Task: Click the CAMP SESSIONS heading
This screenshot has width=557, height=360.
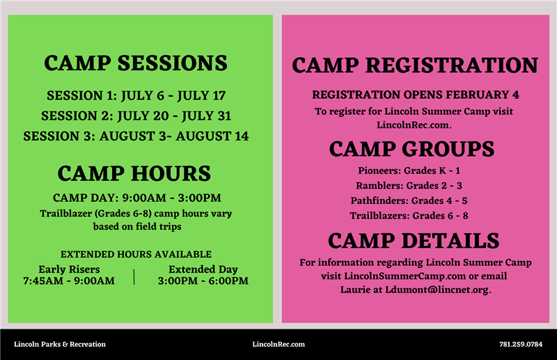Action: click(x=136, y=63)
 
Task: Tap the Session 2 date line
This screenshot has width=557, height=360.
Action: click(x=136, y=116)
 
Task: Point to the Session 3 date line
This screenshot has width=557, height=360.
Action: click(x=136, y=136)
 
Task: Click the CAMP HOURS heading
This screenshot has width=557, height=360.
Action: click(x=134, y=173)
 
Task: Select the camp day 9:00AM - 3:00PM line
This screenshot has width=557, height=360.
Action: click(x=137, y=198)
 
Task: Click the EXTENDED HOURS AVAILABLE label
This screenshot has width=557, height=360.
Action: click(x=136, y=254)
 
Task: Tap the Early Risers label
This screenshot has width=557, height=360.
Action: click(x=69, y=269)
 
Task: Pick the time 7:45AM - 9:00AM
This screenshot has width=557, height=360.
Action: click(x=69, y=281)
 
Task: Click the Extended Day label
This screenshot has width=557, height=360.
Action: click(x=203, y=269)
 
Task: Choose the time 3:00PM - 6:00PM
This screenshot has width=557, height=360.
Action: click(x=203, y=281)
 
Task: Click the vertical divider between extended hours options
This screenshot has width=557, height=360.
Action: click(x=134, y=276)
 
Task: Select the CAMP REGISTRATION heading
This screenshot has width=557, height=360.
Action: click(x=414, y=65)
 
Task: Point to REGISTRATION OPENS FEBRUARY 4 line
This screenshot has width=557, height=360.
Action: click(x=415, y=94)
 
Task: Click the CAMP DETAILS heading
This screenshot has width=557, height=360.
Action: click(x=414, y=240)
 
